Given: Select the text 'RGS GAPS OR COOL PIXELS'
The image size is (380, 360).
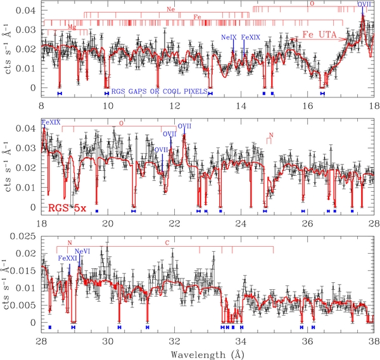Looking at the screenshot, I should click(x=159, y=92).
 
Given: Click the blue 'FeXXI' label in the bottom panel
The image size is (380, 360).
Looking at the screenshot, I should click(x=68, y=258).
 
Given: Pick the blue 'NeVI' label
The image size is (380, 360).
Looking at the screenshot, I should click(x=82, y=252).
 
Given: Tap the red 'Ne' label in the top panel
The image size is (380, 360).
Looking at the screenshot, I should click(x=170, y=10).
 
